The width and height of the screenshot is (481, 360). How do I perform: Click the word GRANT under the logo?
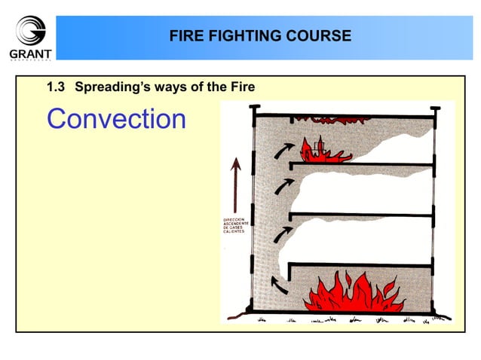(31, 53)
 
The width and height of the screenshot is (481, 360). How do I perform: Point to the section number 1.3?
(57, 87)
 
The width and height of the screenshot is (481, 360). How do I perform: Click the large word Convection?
(116, 119)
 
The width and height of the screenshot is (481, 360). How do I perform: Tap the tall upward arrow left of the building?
(237, 184)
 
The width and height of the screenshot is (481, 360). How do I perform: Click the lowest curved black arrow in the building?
(280, 285)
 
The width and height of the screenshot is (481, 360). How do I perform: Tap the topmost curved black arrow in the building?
(280, 151)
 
